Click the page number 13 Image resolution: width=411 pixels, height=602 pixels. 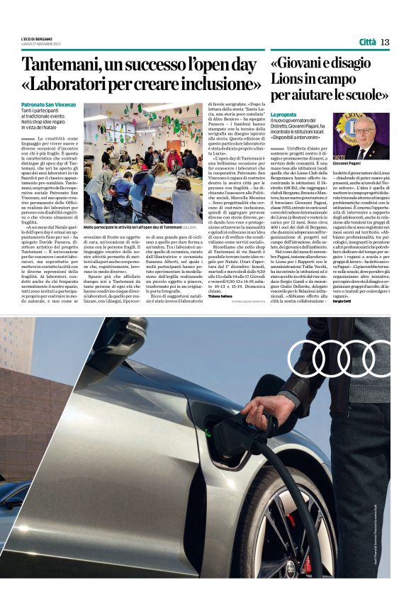(x=385, y=42)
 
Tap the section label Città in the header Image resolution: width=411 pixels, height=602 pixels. (x=367, y=42)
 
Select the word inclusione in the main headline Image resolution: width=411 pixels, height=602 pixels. (x=214, y=84)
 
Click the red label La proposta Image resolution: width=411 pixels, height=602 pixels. (x=283, y=113)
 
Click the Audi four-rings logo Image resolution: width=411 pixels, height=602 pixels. (x=341, y=359)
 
